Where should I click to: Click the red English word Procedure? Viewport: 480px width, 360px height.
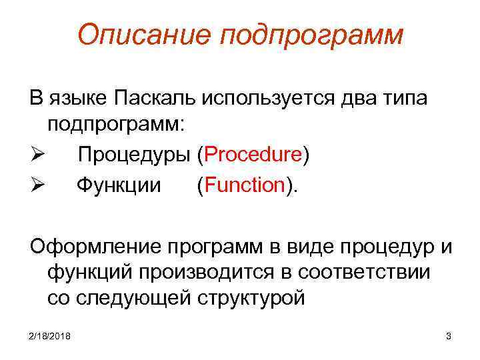point(253,155)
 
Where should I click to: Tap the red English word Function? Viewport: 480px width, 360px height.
point(246,185)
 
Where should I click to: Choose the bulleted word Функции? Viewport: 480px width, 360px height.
point(119,185)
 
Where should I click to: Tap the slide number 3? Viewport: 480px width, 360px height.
point(448,335)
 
